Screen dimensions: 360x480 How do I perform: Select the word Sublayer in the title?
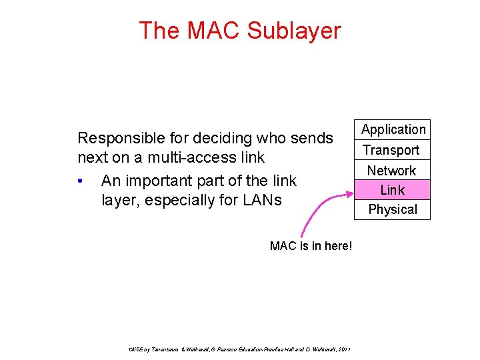pos(294,31)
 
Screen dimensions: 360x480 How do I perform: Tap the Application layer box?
pos(393,129)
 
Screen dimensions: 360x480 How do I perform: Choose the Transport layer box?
pos(391,151)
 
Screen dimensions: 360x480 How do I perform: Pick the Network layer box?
pos(391,171)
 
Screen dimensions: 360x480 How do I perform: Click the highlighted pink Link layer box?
pos(392,190)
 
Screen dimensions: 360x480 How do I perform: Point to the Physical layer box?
pos(393,209)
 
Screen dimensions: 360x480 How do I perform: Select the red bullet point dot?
pos(79,181)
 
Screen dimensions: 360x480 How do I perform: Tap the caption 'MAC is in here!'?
pos(311,246)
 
